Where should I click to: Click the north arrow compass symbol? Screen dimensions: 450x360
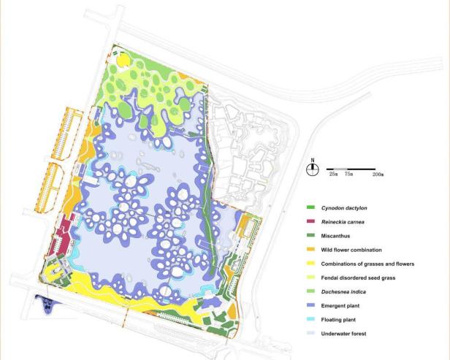click(313, 168)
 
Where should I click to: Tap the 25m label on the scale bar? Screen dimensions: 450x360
click(333, 175)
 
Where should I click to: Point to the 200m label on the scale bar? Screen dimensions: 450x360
click(378, 175)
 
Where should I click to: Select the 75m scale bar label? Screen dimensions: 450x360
click(349, 175)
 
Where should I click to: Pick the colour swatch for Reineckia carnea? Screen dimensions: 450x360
click(310, 222)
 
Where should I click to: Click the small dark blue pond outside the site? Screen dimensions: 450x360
click(45, 303)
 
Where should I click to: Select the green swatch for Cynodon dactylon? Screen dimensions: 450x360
click(310, 209)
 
